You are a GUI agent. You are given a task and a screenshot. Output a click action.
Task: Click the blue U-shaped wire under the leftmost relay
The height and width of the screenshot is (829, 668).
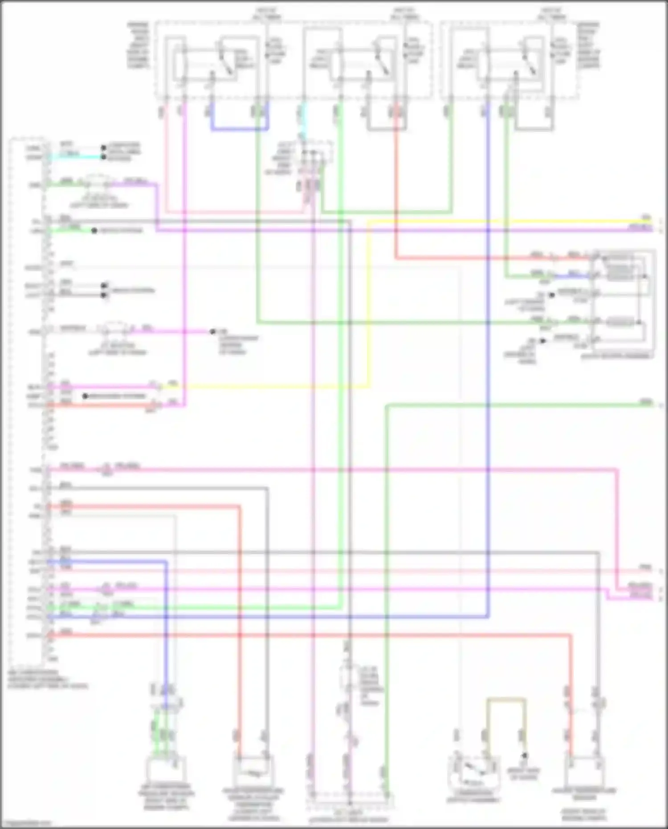240,130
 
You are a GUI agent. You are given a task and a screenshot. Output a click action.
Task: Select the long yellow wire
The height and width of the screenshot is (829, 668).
490,221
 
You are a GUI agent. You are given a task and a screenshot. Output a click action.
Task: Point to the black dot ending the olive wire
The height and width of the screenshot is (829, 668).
525,755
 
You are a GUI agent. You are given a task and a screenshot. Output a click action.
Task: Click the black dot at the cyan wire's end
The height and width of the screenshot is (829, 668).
103,157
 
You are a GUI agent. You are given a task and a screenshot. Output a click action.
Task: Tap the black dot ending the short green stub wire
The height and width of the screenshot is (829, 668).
94,231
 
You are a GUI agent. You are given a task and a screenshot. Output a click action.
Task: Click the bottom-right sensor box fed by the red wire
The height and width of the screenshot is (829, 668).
584,773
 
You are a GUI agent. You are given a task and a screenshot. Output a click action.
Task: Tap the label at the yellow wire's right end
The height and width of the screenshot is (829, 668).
646,218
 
